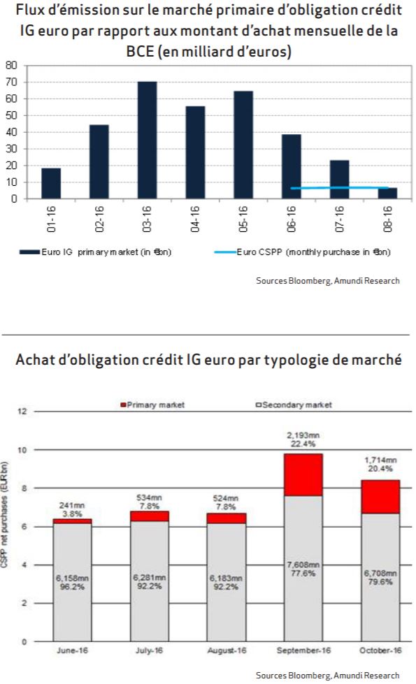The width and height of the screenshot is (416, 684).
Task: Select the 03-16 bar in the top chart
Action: (x=147, y=140)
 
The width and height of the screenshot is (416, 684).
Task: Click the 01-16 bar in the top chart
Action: (x=51, y=183)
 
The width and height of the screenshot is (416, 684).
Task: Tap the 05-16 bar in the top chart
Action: (x=243, y=145)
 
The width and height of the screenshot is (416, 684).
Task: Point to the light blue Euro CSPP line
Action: (x=339, y=187)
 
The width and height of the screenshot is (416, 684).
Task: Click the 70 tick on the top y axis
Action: (x=11, y=82)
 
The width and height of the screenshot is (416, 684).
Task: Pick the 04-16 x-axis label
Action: (x=195, y=219)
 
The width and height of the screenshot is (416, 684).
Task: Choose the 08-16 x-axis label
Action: (x=387, y=219)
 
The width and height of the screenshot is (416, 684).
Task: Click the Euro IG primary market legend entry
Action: (x=96, y=252)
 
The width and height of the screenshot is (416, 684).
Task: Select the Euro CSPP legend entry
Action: (x=302, y=252)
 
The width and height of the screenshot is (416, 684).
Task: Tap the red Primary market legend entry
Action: (x=152, y=405)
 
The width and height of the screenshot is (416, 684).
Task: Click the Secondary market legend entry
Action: (x=294, y=405)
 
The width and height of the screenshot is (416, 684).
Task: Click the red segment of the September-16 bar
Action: (x=303, y=474)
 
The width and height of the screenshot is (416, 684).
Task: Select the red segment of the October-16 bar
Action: (x=380, y=497)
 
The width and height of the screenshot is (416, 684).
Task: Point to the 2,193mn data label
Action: (x=303, y=435)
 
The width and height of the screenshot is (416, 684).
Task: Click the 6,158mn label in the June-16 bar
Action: (x=72, y=578)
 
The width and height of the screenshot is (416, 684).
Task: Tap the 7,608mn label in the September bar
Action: (x=303, y=565)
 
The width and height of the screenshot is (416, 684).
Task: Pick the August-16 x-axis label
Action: (x=227, y=650)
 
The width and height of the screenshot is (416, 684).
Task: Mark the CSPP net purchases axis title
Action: (x=5, y=514)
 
